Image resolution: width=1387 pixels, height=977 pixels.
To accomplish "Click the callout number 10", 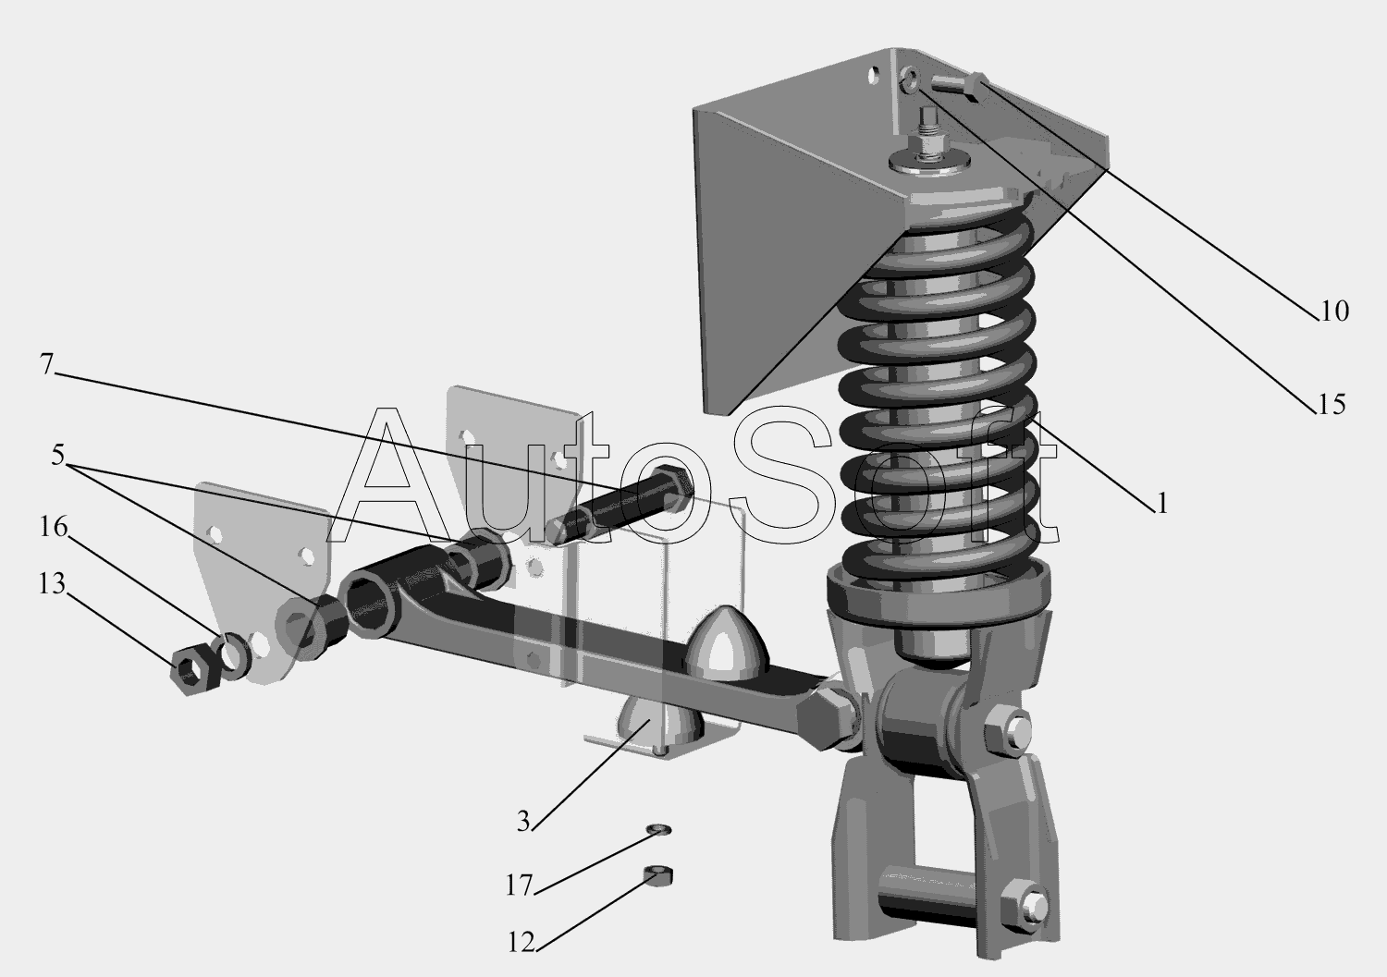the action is click(1334, 311).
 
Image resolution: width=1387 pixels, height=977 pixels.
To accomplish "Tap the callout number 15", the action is click(1332, 405).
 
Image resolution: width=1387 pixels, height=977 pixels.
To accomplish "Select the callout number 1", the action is click(1162, 504).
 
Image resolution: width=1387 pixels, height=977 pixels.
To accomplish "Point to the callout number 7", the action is click(46, 364).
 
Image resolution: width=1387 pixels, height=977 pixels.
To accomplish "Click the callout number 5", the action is click(57, 455).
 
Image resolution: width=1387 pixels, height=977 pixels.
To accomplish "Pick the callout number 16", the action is click(54, 527).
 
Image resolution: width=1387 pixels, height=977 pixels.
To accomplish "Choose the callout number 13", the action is click(52, 584).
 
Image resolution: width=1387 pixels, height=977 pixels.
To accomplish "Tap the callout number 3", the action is click(524, 823).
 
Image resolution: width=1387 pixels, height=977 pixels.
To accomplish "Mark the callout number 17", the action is click(519, 886).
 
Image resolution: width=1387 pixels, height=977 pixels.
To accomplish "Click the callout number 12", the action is click(521, 943).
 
